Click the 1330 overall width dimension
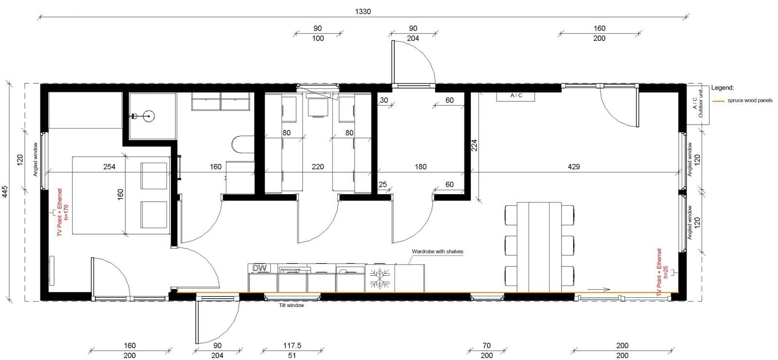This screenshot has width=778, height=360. pyautogui.click(x=363, y=12)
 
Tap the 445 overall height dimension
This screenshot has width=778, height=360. pyautogui.click(x=5, y=192)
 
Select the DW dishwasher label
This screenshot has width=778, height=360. pyautogui.click(x=260, y=268)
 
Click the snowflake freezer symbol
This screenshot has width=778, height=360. pyautogui.click(x=380, y=278)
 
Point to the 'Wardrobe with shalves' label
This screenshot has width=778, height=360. pyautogui.click(x=438, y=251)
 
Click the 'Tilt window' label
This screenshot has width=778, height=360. pyautogui.click(x=291, y=305)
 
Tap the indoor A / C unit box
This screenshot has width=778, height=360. pyautogui.click(x=516, y=96)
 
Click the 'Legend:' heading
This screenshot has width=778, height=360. pyautogui.click(x=723, y=88)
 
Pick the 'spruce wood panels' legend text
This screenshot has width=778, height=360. pyautogui.click(x=750, y=100)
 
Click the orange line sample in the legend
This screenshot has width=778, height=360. pyautogui.click(x=718, y=101)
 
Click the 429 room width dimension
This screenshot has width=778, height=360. pyautogui.click(x=574, y=167)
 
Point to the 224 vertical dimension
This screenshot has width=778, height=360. pyautogui.click(x=474, y=145)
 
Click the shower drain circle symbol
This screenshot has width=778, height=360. pyautogui.click(x=149, y=116)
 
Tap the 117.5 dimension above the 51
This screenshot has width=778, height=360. pyautogui.click(x=292, y=345)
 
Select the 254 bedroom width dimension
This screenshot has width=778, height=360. pyautogui.click(x=109, y=167)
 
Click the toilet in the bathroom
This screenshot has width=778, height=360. pyautogui.click(x=243, y=144)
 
